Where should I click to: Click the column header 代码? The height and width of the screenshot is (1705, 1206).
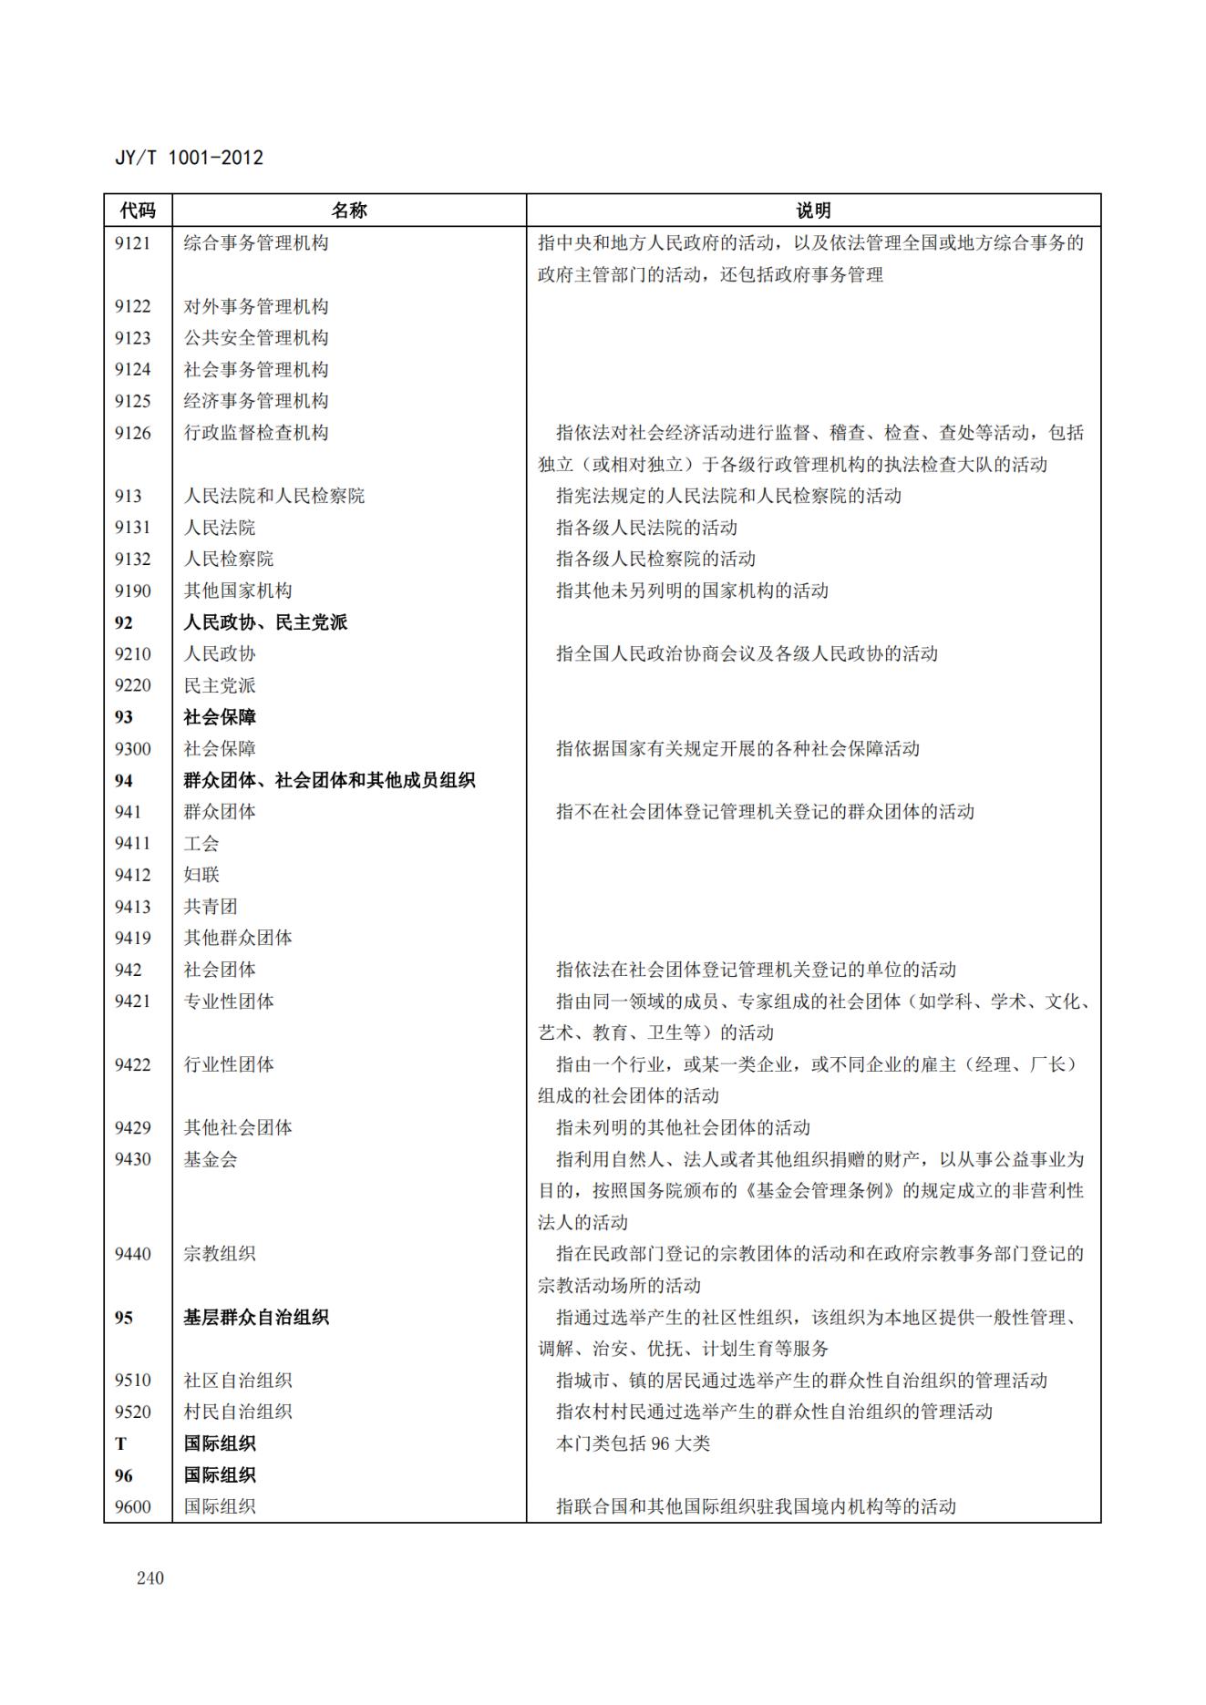click(138, 211)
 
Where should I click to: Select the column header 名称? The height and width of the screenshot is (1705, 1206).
click(348, 211)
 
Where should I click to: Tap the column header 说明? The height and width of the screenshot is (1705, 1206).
click(813, 211)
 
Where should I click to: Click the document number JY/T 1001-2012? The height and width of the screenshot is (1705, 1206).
click(189, 158)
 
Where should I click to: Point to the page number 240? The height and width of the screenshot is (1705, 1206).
click(150, 1577)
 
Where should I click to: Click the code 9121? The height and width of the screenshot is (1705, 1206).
click(132, 243)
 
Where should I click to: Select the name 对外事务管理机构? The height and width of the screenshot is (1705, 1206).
click(256, 306)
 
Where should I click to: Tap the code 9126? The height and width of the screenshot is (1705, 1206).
click(132, 433)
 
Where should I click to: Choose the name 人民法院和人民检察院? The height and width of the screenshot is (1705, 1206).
click(273, 496)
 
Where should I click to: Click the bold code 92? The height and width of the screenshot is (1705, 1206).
click(123, 622)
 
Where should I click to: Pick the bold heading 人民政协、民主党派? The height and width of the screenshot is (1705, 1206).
click(265, 622)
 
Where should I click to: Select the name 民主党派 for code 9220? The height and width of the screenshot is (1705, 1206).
click(220, 685)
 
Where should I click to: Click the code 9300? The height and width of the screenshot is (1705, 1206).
click(132, 749)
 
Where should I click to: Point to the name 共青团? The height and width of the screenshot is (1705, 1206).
click(211, 907)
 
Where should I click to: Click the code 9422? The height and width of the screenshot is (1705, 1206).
click(132, 1064)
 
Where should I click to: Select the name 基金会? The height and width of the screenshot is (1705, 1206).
click(211, 1159)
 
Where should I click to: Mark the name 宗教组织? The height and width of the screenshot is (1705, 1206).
click(220, 1254)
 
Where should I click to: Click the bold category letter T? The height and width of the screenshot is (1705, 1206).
click(120, 1443)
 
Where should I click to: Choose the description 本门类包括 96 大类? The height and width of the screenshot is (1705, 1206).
click(633, 1443)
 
